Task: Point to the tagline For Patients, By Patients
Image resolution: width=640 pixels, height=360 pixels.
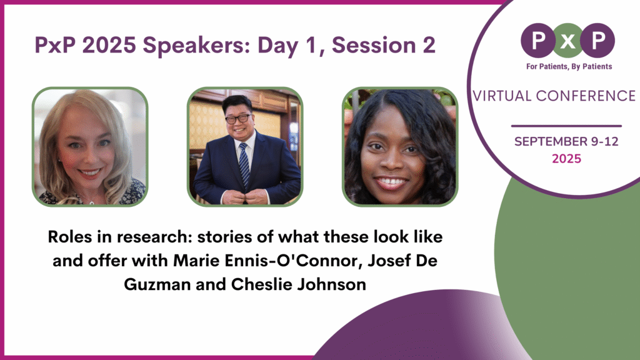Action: (568, 66)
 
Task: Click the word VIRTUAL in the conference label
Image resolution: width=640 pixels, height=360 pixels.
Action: (502, 96)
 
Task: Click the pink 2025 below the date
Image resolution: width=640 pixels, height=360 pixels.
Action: (566, 159)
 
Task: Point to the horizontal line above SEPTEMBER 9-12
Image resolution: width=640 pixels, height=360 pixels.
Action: (566, 126)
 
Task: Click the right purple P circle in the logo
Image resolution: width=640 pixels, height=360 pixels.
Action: (599, 40)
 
